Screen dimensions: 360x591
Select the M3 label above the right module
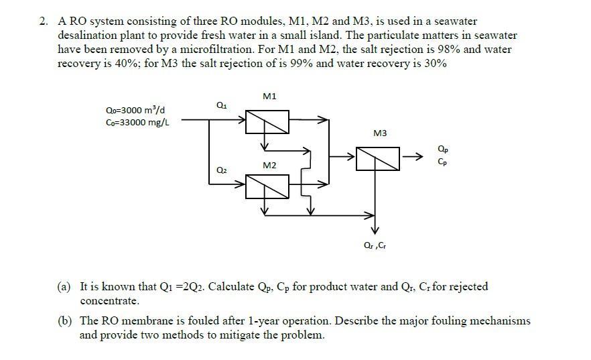coord(380,133)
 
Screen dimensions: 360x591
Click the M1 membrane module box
coord(267,121)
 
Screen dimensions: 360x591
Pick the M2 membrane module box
coord(267,186)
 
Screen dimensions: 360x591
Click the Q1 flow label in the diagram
coord(221,105)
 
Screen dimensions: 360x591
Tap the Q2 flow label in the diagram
coord(221,171)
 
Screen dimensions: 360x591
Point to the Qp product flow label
coord(444,149)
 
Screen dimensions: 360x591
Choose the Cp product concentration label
coord(444,162)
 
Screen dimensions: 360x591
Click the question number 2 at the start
coord(43,22)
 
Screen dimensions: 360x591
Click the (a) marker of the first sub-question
coord(64,287)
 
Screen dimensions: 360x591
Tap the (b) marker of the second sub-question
coord(64,321)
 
